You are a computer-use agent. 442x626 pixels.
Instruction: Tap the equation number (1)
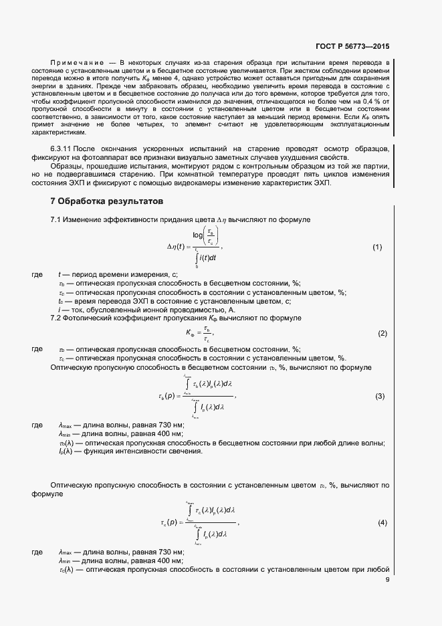point(376,247)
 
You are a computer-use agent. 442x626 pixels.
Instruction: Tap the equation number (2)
point(382,333)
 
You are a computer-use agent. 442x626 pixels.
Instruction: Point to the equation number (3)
point(380,397)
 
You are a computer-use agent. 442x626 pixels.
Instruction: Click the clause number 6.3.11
point(62,147)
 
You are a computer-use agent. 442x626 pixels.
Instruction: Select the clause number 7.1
point(57,220)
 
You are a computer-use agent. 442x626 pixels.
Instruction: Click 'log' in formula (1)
point(198,235)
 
